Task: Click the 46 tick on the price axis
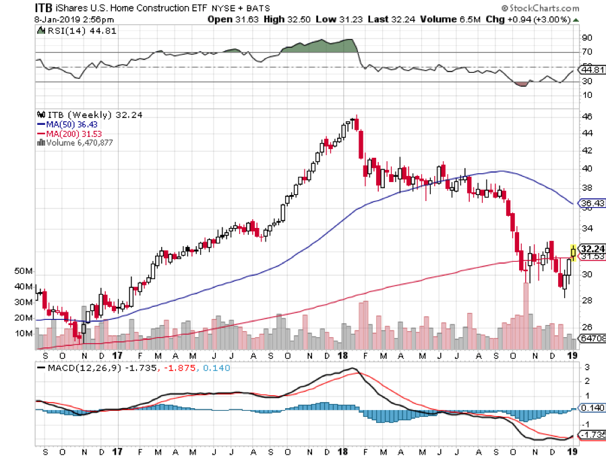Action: point(588,117)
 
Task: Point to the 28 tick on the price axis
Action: point(588,300)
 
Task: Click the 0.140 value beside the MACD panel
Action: point(591,409)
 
